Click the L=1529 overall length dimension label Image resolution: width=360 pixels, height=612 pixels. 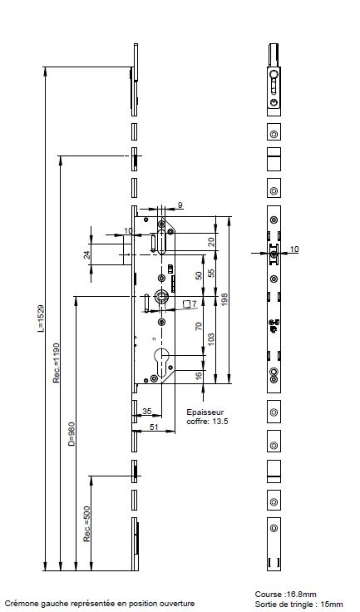[41, 318]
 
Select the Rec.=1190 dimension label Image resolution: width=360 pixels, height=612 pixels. [57, 363]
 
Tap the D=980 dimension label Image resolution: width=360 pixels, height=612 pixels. [71, 434]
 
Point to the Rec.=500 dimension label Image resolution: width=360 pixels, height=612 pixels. [86, 524]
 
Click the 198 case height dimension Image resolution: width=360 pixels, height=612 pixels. [224, 299]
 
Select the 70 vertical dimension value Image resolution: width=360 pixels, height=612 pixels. [199, 326]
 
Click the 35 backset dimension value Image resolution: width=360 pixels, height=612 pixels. [147, 411]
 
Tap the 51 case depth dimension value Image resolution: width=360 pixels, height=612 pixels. [155, 427]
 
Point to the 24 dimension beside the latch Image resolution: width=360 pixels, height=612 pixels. [87, 254]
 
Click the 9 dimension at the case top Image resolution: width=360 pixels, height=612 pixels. [180, 205]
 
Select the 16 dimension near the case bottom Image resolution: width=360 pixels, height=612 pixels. [199, 376]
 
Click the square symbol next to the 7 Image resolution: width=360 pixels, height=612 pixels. [187, 304]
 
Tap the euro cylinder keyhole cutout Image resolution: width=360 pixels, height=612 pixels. [162, 361]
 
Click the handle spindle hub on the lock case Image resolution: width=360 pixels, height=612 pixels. [161, 296]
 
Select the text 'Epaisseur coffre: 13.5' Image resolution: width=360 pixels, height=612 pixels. [207, 417]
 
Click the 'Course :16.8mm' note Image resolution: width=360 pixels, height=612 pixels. [285, 595]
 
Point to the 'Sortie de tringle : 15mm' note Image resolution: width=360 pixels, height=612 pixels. [298, 605]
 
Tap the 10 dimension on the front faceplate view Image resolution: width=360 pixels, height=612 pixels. [294, 249]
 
